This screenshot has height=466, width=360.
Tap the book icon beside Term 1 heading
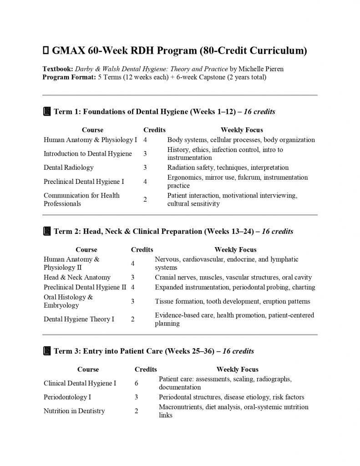tap(47, 111)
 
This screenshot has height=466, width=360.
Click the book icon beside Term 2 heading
tap(47, 232)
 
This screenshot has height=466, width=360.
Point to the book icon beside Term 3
tap(47, 351)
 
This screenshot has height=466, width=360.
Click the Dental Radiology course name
tap(69, 167)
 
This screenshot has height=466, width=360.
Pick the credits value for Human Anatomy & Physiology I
tap(145, 140)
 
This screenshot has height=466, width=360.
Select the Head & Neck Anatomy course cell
tap(77, 277)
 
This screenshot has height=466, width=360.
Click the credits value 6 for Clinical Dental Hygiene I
tap(137, 383)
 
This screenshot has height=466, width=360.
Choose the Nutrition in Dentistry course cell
tap(74, 411)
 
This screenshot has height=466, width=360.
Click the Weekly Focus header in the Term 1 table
tap(242, 130)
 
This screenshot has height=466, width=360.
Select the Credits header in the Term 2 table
tap(142, 249)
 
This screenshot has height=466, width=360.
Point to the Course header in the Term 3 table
tap(88, 370)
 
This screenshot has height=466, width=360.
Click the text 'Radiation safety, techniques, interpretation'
tap(228, 167)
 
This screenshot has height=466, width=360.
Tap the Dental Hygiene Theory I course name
tap(79, 319)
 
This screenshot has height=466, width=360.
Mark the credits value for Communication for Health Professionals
tap(145, 199)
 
